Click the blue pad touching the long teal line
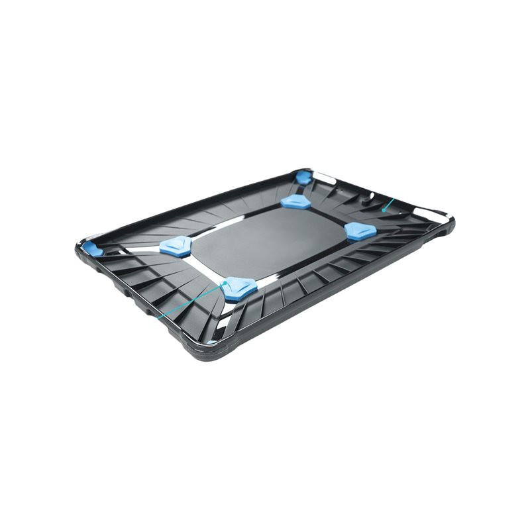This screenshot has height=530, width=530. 238,288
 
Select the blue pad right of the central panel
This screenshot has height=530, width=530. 361,231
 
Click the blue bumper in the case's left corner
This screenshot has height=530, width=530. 93,250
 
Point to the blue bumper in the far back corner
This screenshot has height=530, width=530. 303,177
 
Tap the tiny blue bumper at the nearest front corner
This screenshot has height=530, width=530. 211,341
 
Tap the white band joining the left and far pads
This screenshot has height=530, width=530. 232,224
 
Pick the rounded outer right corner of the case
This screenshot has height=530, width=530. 450,222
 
